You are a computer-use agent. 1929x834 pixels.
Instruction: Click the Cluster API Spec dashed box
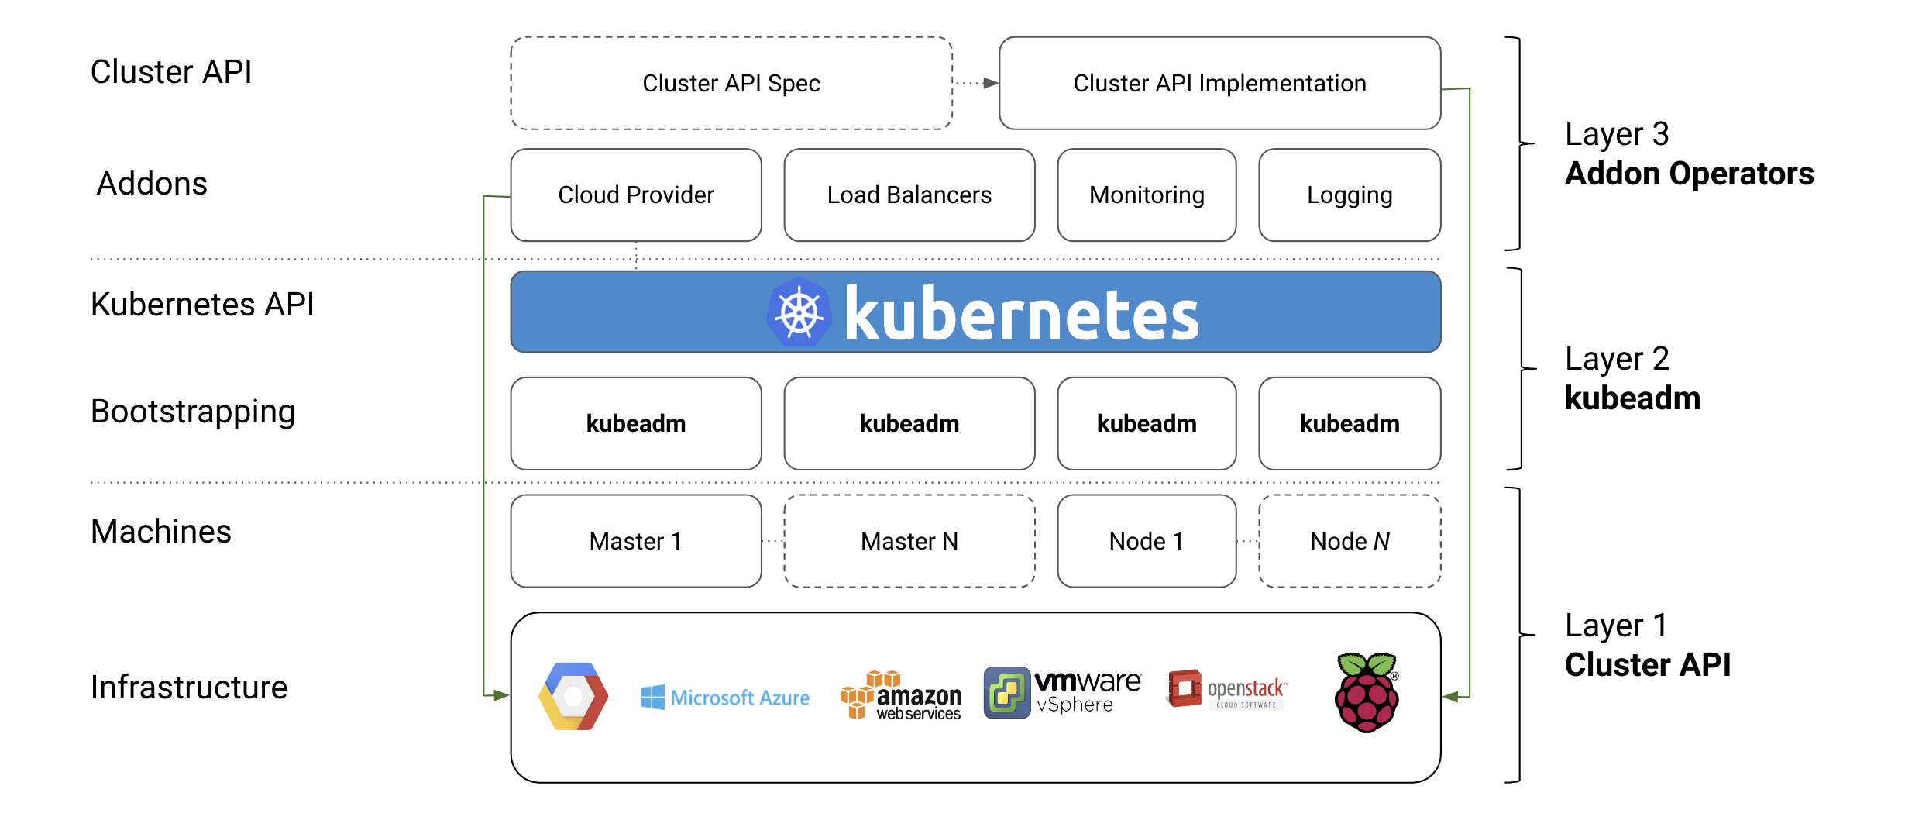tap(731, 83)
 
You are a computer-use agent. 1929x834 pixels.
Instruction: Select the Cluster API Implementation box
tap(1219, 83)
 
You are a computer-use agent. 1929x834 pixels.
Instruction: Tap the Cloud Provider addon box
tap(635, 195)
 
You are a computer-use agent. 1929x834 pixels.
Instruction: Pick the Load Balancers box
tap(909, 195)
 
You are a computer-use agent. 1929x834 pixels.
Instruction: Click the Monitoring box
tap(1146, 195)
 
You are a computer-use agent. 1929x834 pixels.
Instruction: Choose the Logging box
tap(1349, 195)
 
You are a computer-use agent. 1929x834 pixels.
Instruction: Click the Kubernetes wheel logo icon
tap(799, 312)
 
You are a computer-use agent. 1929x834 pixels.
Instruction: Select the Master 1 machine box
tap(635, 541)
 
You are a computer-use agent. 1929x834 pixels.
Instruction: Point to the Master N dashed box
tap(909, 541)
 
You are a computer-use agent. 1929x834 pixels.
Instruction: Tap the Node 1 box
tap(1146, 541)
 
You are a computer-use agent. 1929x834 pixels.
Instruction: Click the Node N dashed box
tap(1349, 541)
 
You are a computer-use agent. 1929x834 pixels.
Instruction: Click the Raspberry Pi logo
tap(1367, 692)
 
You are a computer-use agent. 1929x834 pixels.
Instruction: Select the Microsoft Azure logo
tap(725, 698)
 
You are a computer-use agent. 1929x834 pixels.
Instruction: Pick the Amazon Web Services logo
tap(900, 695)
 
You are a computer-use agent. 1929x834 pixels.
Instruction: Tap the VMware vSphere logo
tap(1061, 692)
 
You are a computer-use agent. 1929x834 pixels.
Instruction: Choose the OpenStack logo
tap(1226, 689)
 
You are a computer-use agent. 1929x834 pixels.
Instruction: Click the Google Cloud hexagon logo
tap(573, 696)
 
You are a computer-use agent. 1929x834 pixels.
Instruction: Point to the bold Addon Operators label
tap(1689, 174)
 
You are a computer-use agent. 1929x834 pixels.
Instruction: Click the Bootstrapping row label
tap(193, 412)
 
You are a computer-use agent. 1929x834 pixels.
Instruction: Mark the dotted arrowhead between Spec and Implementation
tap(990, 83)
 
